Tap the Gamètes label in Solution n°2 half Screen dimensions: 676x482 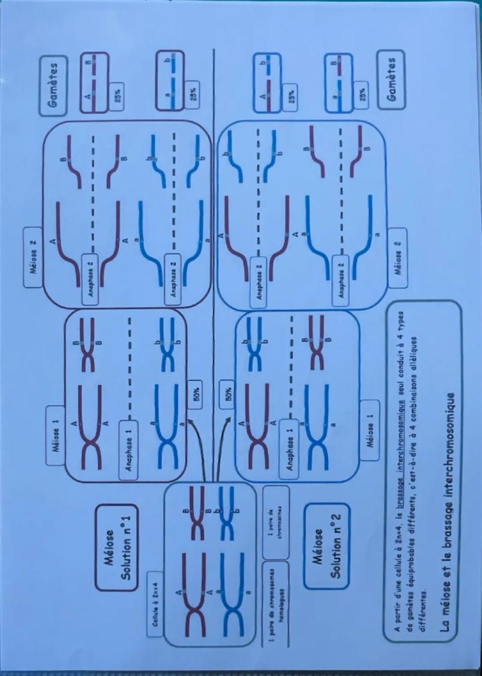coord(390,74)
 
